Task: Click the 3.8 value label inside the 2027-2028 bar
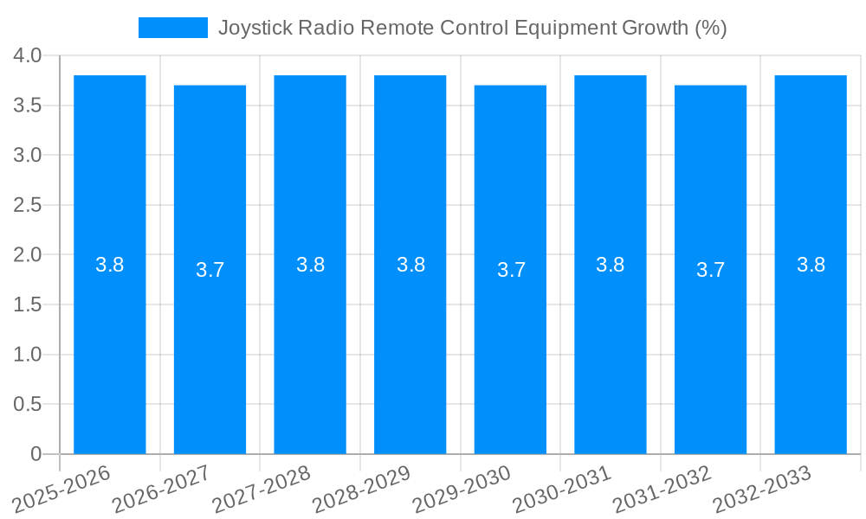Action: [x=310, y=265]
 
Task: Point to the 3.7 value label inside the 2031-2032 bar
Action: [x=710, y=270]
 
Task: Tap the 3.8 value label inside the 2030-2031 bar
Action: [x=611, y=265]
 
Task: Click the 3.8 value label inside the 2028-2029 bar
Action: [x=410, y=265]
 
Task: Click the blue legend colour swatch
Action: [x=173, y=28]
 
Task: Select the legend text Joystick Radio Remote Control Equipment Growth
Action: [x=472, y=28]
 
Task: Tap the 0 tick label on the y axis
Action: [x=36, y=454]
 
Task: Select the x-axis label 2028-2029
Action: [x=362, y=489]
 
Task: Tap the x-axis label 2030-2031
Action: [x=563, y=489]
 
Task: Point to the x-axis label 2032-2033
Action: [x=763, y=489]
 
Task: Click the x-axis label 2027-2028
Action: [x=262, y=489]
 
